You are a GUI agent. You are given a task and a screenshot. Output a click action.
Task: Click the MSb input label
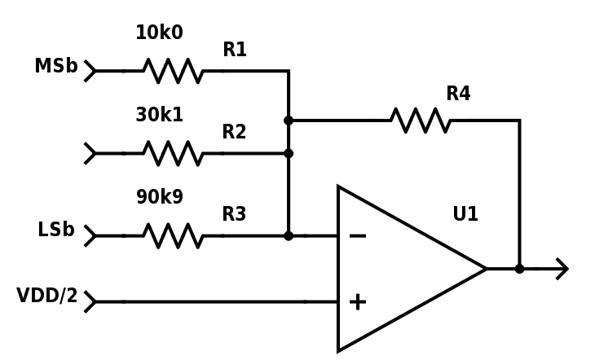55,67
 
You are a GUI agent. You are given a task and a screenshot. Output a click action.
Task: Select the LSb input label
55,230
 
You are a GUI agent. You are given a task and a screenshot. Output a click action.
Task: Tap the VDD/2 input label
46,296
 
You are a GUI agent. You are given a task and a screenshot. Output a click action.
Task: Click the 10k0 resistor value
159,33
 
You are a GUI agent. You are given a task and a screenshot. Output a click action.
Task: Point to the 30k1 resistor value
159,116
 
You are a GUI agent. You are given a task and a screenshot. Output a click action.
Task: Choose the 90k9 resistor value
159,198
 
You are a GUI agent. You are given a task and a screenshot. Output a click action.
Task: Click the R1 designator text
235,50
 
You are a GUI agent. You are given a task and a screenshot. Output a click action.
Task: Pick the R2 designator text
235,133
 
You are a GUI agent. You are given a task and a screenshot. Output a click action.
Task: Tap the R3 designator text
235,215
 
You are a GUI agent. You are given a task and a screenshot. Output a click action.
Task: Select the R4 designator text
458,94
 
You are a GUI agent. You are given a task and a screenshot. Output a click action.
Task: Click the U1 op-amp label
465,215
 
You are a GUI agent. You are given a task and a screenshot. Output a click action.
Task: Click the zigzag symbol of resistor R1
174,72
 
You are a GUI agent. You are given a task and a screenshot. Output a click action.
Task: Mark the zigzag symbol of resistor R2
174,153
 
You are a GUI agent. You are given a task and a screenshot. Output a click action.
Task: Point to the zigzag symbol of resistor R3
174,236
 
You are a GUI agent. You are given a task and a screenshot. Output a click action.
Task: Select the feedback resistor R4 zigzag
420,121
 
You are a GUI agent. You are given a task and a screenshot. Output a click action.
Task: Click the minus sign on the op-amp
357,236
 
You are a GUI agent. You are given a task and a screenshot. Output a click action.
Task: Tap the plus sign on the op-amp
357,302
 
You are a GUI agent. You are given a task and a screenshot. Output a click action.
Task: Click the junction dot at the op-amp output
519,269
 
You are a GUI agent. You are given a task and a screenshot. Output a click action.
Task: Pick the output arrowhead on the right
562,269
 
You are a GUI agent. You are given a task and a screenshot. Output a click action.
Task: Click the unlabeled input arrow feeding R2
90,153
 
